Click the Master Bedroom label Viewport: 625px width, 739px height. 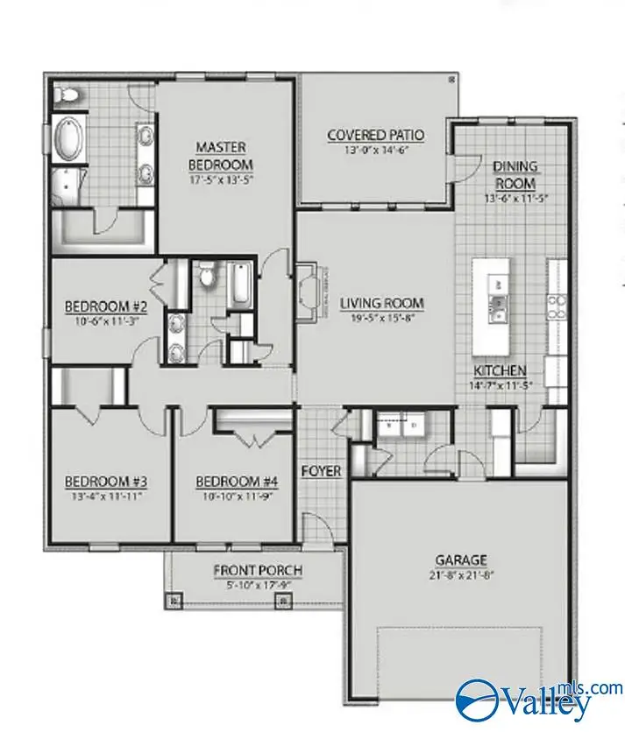[x=221, y=155]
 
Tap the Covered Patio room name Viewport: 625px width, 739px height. [x=375, y=135]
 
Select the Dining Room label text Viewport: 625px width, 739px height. [x=515, y=174]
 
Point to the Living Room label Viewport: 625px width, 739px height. [x=381, y=304]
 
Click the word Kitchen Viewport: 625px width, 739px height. [x=500, y=370]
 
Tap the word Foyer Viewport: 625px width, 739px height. [x=321, y=471]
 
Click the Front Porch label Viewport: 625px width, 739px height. [x=258, y=571]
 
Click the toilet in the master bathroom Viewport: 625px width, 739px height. [x=67, y=94]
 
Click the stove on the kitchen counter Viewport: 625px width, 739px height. [x=556, y=304]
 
